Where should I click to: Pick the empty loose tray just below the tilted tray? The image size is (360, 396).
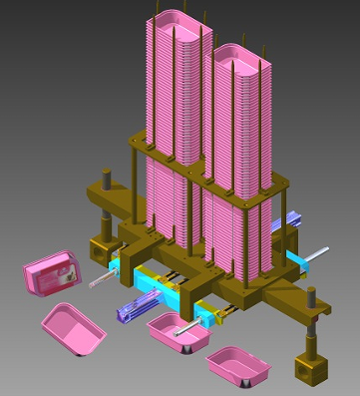tap(74, 327)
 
